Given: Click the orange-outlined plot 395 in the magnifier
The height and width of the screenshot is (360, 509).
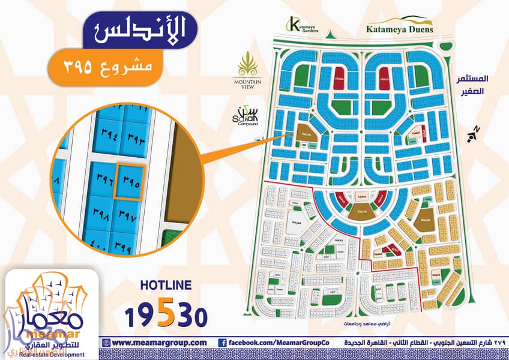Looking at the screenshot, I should point(129,182).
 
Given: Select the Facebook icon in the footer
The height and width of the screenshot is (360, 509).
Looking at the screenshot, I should point(221,343).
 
